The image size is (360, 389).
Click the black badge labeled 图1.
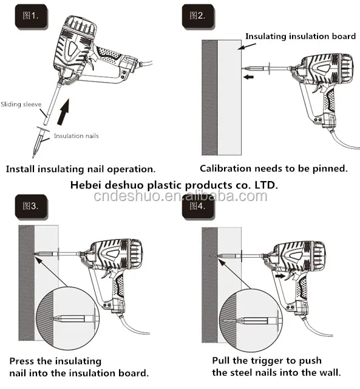31,16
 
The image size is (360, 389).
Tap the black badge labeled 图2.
198,16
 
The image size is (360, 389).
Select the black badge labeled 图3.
31,207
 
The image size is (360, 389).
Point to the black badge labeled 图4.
198,207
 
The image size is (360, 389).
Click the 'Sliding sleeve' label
21,104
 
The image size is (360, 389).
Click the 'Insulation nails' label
76,136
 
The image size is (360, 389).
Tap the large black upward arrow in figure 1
63,112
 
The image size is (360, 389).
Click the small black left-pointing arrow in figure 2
248,77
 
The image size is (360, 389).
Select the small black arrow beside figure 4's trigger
280,276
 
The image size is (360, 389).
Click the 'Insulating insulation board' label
301,36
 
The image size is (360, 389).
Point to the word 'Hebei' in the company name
85,185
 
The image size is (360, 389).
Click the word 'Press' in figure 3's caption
22,361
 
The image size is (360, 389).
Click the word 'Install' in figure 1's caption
20,169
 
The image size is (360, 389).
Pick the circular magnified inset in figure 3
68,318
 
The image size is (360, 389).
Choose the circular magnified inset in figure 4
251,320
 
